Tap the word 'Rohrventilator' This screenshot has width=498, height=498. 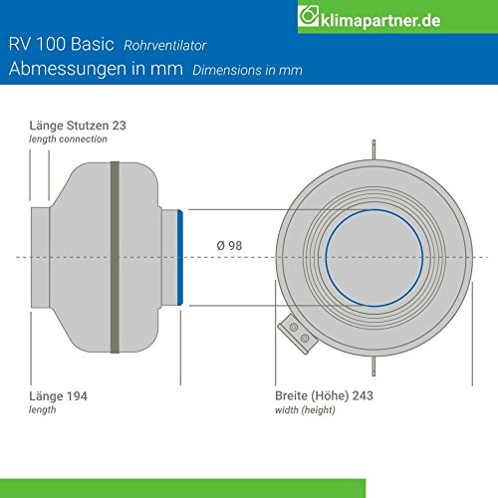click(x=164, y=47)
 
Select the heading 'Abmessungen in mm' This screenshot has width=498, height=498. click(x=92, y=70)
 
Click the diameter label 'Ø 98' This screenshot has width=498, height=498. click(x=228, y=245)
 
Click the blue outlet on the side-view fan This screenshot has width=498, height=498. click(x=179, y=257)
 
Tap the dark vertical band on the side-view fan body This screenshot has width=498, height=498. click(x=115, y=257)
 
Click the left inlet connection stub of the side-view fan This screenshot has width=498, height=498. click(x=40, y=257)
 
